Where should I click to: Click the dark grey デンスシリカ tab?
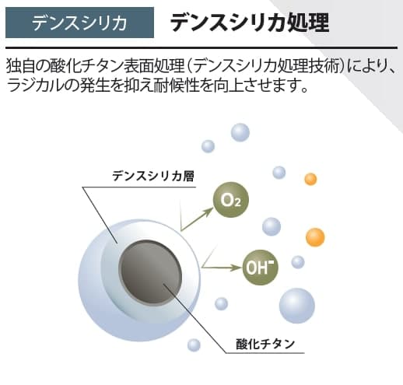[80, 22]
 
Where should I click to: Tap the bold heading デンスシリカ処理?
[249, 22]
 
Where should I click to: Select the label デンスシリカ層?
[153, 176]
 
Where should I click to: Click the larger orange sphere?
[315, 236]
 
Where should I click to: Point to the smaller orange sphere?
[310, 180]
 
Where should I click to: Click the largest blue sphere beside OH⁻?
[296, 305]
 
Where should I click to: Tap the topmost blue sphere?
[240, 131]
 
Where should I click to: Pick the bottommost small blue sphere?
[194, 345]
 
